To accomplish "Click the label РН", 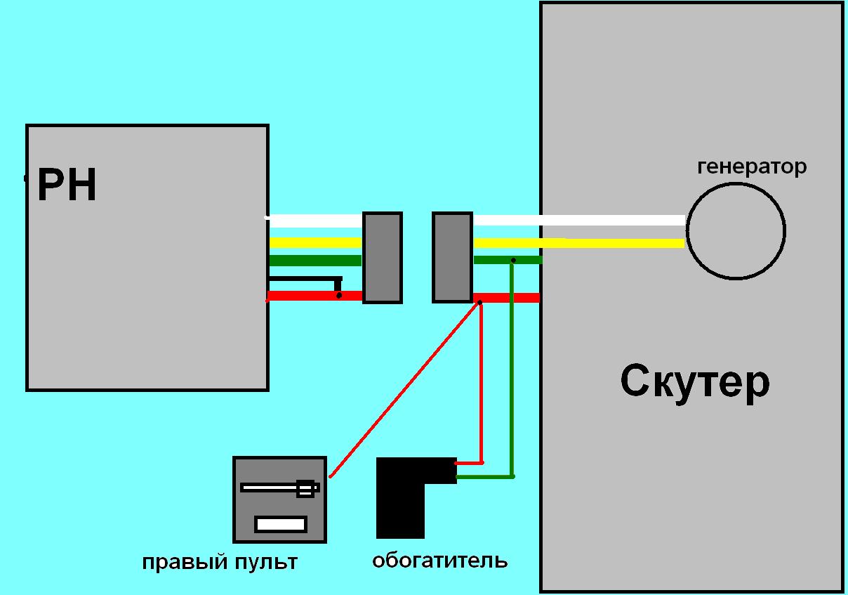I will [x=67, y=186].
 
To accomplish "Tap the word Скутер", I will [x=694, y=382].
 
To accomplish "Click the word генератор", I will [x=751, y=167].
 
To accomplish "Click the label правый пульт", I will [x=220, y=563].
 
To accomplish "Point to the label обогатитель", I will [x=439, y=561].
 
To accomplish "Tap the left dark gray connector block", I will [x=382, y=258].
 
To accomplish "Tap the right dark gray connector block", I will [x=452, y=258].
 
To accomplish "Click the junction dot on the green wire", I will [x=513, y=261].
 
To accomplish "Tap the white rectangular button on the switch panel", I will [x=280, y=523].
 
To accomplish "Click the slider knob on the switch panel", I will [x=305, y=488].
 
